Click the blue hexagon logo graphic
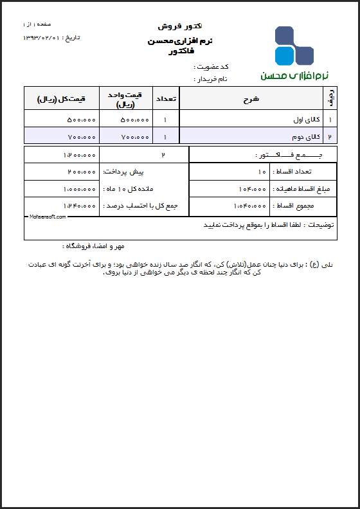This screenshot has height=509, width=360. click(294, 46)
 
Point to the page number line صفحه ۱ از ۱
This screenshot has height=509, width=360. click(35, 24)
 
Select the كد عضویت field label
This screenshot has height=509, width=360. click(212, 67)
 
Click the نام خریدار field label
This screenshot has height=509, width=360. click(212, 79)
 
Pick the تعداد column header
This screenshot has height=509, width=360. click(166, 99)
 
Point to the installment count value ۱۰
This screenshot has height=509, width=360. click(262, 172)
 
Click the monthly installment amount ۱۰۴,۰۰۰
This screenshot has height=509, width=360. click(250, 189)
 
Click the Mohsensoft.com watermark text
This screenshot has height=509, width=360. click(48, 217)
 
